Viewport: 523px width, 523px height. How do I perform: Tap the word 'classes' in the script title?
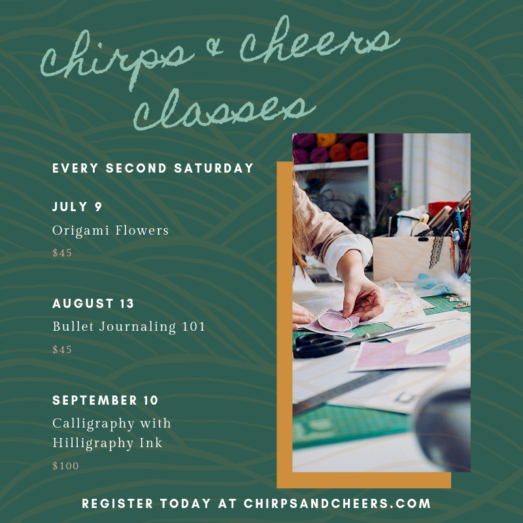coord(224,109)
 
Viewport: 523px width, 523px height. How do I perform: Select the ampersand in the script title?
coord(214,47)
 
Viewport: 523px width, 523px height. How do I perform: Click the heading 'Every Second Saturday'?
coord(153,168)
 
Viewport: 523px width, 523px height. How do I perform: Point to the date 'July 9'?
coord(77,207)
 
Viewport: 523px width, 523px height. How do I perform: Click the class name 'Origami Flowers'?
coord(110,231)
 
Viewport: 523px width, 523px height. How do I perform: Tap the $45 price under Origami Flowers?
coord(62,253)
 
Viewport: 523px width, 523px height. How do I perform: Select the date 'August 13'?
coord(93,303)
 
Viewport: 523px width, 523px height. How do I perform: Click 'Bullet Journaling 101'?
coord(129,327)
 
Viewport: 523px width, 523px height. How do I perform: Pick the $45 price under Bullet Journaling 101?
coord(62,350)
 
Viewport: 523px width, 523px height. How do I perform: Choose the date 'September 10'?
coord(105,400)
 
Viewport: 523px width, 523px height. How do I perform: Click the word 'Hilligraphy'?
coord(93,444)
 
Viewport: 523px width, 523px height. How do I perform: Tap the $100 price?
coord(65,466)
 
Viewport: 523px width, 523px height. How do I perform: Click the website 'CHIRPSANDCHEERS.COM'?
coord(337,503)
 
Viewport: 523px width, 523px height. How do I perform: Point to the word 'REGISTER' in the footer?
coord(118,503)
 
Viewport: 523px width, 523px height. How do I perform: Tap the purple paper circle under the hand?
coord(335,321)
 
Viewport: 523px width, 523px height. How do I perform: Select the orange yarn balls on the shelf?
coord(349,152)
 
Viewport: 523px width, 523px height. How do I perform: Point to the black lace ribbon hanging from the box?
coord(436,252)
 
